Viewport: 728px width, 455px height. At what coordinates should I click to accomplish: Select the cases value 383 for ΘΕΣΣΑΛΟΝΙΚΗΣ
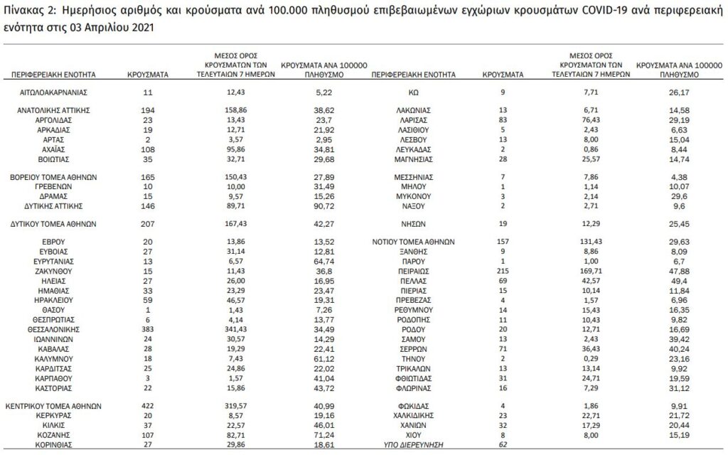147,331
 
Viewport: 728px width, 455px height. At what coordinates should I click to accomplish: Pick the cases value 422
147,406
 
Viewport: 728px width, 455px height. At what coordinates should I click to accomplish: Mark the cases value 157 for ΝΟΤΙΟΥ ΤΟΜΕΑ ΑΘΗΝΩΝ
503,242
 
